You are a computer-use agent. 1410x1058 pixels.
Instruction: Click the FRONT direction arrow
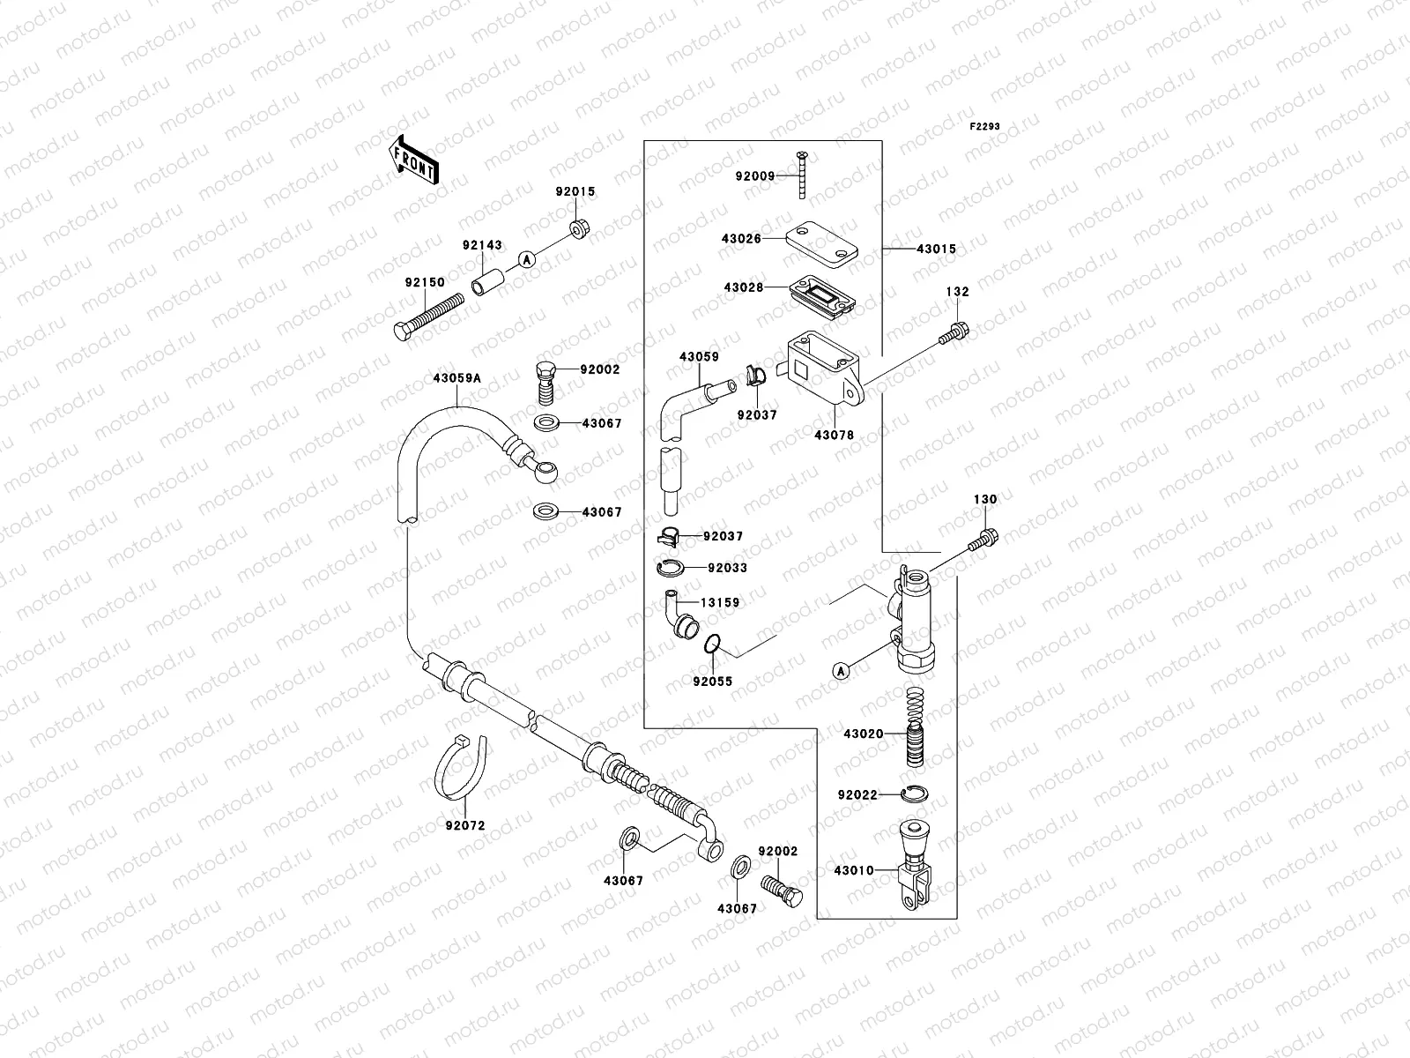[x=413, y=160]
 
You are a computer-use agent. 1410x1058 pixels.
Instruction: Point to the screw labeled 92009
[x=804, y=175]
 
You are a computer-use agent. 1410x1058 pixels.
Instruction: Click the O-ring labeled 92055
[x=715, y=645]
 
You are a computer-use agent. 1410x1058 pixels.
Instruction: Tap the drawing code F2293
[x=984, y=127]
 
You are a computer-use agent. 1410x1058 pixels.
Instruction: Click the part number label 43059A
[x=456, y=378]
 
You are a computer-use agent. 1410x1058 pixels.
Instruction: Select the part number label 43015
[x=936, y=250]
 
